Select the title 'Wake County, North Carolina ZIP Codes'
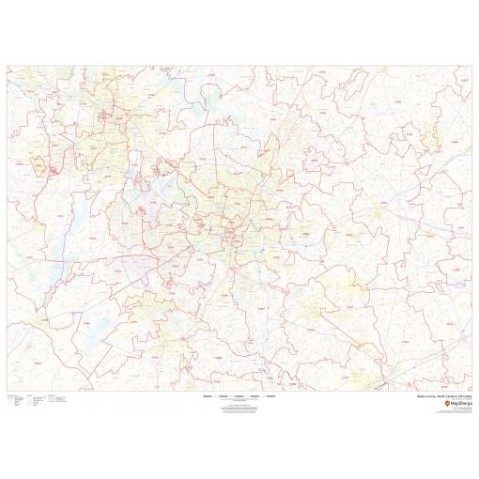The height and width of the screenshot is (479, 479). (441, 395)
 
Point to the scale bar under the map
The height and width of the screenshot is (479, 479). (239, 395)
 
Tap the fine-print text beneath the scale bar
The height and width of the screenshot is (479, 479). (239, 406)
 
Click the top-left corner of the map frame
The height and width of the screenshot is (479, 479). (7, 66)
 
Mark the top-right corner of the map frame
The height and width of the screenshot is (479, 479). (472, 66)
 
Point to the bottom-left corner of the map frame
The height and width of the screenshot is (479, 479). (7, 390)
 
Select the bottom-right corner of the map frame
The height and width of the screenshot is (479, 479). (472, 390)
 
